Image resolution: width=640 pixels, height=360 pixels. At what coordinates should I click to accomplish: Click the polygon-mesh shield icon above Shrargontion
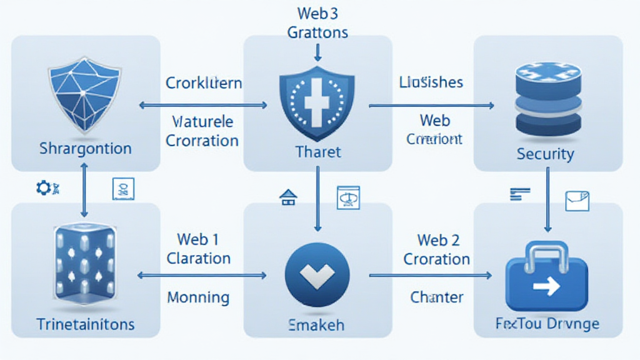[x=84, y=93]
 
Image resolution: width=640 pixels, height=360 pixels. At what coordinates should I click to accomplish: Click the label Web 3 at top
[x=317, y=12]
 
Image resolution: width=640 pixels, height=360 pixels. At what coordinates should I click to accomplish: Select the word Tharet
[x=317, y=151]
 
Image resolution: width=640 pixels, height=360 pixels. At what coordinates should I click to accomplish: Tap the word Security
[x=545, y=154]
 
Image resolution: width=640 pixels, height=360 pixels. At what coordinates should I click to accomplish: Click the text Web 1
[x=197, y=239]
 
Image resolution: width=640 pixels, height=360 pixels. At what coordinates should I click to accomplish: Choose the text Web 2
[x=438, y=240]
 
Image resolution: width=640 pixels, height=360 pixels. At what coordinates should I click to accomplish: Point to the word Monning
[x=198, y=297]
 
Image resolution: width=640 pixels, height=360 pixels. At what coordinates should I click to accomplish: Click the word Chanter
[x=437, y=297]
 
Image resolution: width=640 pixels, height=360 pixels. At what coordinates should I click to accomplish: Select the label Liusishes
[x=431, y=82]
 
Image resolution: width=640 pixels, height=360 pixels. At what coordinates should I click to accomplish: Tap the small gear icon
[x=43, y=187]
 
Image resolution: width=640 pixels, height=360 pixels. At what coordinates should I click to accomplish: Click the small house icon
[x=287, y=198]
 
